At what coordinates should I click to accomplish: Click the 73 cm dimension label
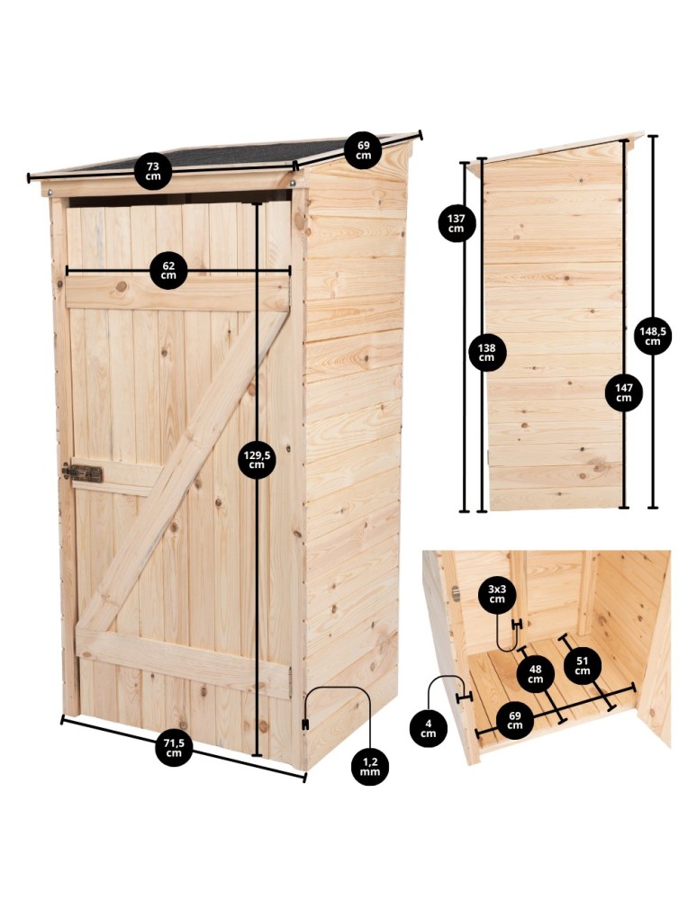(x=153, y=171)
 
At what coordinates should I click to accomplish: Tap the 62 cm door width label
(x=168, y=270)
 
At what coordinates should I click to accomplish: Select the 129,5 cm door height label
(x=257, y=460)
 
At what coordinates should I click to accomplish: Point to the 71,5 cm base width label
(x=175, y=747)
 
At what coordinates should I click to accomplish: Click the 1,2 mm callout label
(x=368, y=766)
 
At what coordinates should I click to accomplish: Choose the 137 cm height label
(x=457, y=222)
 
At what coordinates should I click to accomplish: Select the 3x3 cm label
(x=496, y=595)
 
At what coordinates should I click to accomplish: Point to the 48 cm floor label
(x=536, y=673)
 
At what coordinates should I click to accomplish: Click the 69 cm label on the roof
(x=363, y=150)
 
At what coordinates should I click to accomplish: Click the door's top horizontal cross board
(x=176, y=293)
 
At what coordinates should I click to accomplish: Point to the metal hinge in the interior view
(x=456, y=593)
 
